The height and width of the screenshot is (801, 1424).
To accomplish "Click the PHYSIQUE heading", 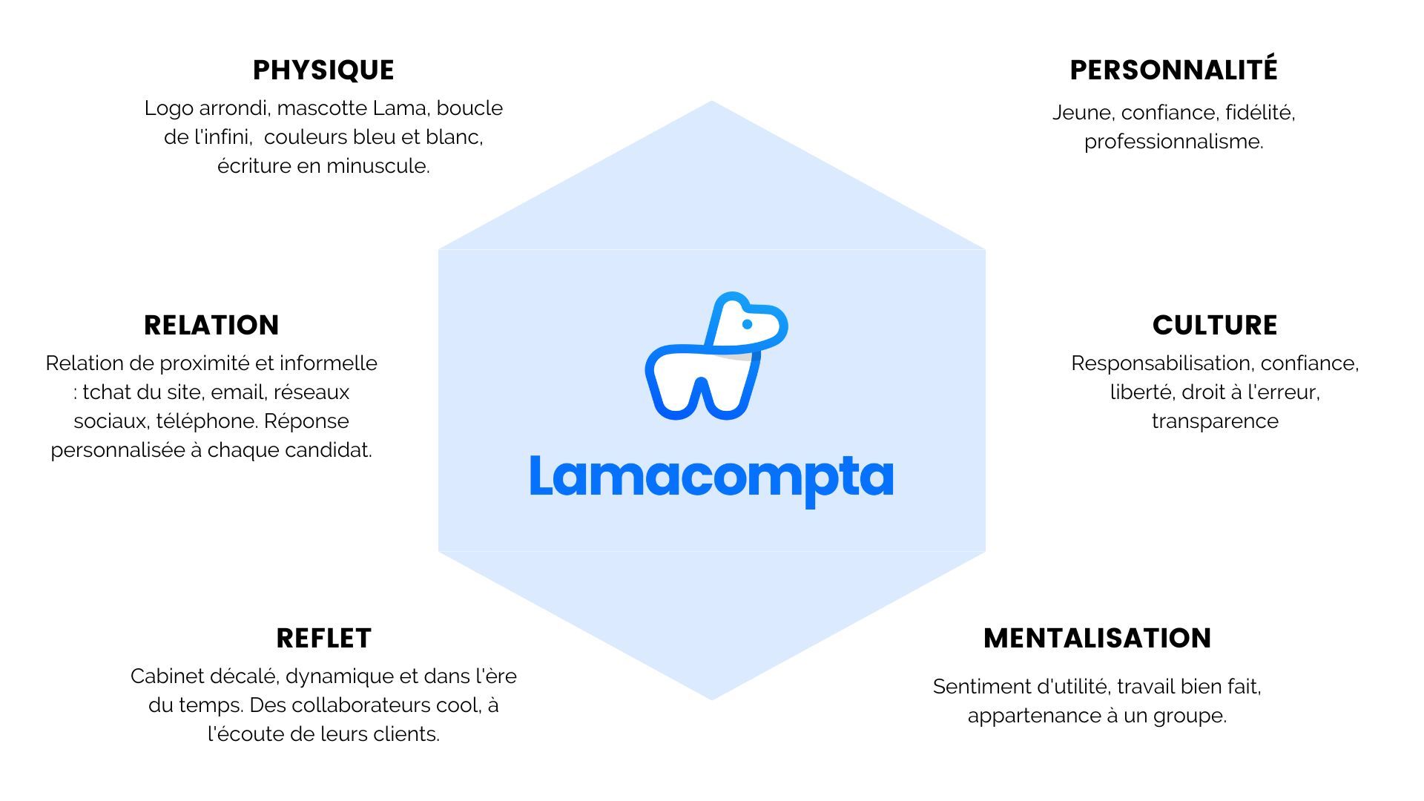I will (x=323, y=70).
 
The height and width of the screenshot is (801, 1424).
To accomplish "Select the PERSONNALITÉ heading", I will (x=1173, y=70).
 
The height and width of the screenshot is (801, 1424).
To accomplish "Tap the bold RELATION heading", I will (x=211, y=326).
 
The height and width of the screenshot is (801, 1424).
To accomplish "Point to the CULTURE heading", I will (x=1215, y=326).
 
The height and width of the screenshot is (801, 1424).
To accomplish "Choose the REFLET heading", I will (x=323, y=639).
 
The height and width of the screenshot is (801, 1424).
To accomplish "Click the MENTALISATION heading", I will (x=1097, y=639).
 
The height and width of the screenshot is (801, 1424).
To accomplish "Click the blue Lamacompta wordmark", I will (x=711, y=478).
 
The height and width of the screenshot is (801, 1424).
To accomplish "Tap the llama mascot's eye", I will (x=747, y=324).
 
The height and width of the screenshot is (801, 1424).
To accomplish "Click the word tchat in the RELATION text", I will (x=106, y=392).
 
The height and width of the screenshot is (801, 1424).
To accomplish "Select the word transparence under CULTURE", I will (x=1215, y=421).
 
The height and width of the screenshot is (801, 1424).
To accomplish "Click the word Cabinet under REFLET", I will (x=166, y=676).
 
